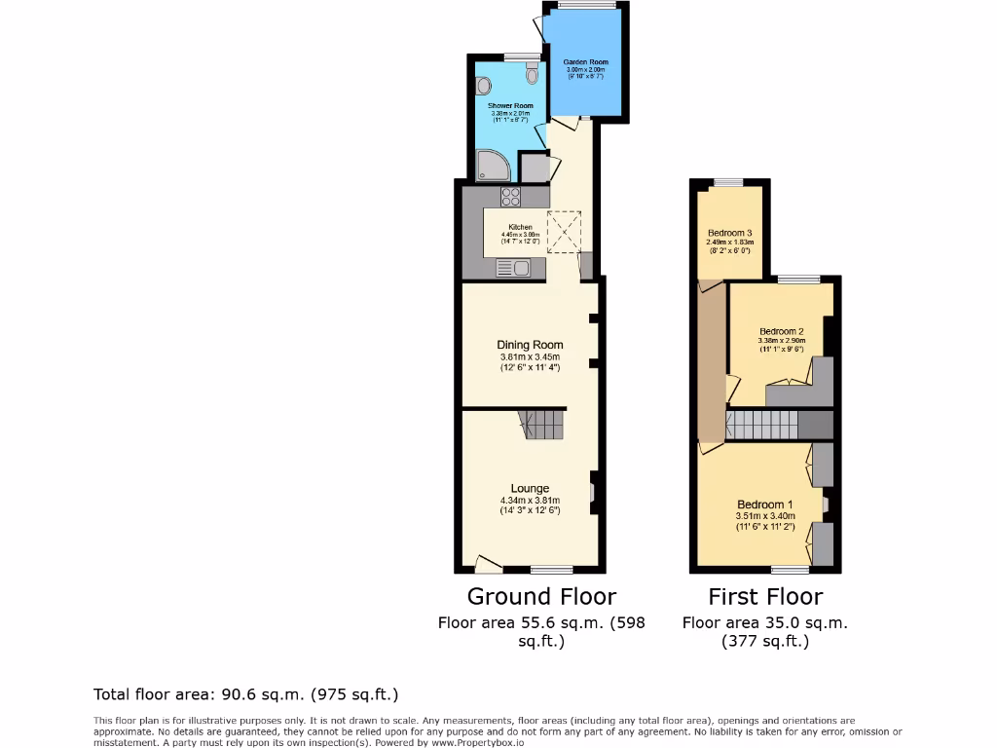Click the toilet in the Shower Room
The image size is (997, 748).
[x=531, y=74]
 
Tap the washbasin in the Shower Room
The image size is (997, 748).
[x=485, y=86]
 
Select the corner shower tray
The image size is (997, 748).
[x=491, y=166]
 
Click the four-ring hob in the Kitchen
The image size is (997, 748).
[x=512, y=197]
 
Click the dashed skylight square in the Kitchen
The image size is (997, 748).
[x=564, y=230]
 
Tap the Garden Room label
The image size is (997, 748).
[x=585, y=61]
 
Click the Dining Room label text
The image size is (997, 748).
[x=530, y=345]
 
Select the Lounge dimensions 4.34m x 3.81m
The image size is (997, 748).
[x=530, y=501]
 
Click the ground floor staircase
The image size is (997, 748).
[x=539, y=424]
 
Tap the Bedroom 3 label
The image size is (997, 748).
[x=729, y=233]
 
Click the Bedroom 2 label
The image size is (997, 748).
[x=781, y=332]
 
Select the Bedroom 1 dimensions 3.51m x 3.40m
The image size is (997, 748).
[x=765, y=516]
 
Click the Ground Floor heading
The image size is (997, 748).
[x=541, y=596]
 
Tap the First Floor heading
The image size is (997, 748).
[x=765, y=596]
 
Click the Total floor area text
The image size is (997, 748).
[x=245, y=694]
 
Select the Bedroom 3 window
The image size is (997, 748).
[x=728, y=182]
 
